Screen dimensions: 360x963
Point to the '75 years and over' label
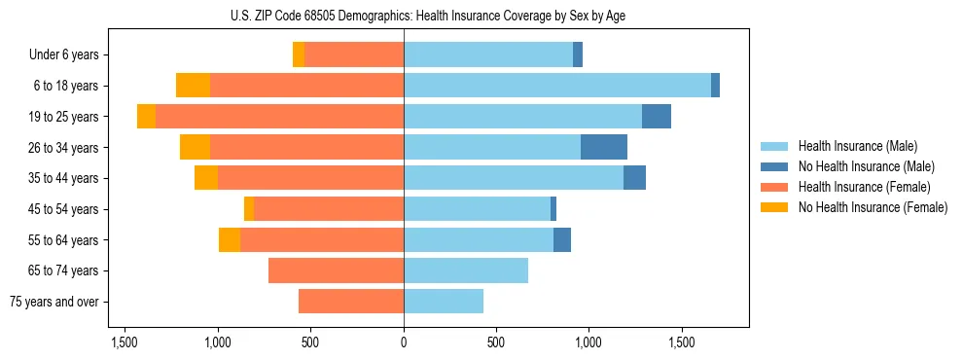pyautogui.click(x=54, y=302)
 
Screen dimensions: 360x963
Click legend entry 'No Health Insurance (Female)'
pyautogui.click(x=873, y=207)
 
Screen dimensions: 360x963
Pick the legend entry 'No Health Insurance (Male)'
pyautogui.click(x=866, y=166)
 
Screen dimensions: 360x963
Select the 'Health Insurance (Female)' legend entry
pyautogui.click(x=865, y=187)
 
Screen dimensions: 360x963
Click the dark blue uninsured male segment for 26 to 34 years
pyautogui.click(x=604, y=147)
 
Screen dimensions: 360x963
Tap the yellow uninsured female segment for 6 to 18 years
pyautogui.click(x=193, y=86)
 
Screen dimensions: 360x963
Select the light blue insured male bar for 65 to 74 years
pyautogui.click(x=466, y=270)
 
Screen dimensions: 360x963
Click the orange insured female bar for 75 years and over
pyautogui.click(x=351, y=302)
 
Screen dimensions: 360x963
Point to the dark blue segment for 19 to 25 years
pyautogui.click(x=657, y=117)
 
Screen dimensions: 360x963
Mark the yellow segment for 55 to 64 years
pyautogui.click(x=230, y=240)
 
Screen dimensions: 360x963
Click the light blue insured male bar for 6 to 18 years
pyautogui.click(x=557, y=86)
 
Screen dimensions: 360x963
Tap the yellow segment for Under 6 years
pyautogui.click(x=299, y=55)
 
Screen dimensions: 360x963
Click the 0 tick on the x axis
pyautogui.click(x=404, y=343)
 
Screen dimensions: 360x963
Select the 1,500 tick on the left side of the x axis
pyautogui.click(x=125, y=343)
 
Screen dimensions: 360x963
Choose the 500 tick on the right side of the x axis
pyautogui.click(x=496, y=343)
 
